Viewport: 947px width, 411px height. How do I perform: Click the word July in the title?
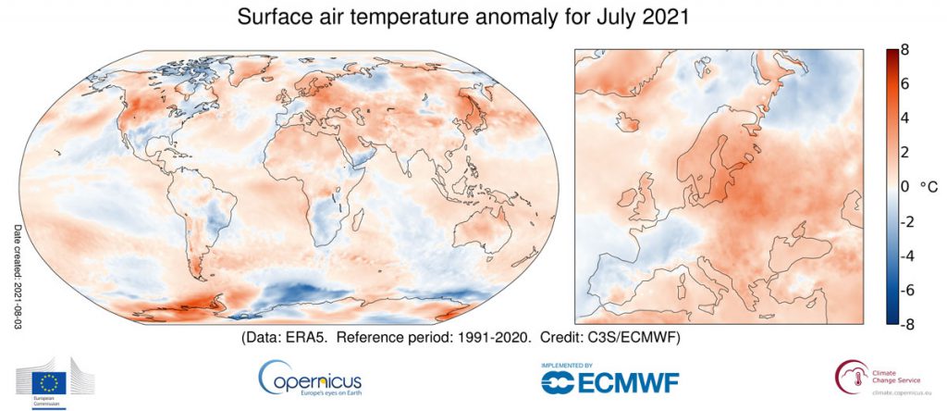pyautogui.click(x=617, y=18)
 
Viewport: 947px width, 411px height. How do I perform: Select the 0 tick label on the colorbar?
pyautogui.click(x=906, y=187)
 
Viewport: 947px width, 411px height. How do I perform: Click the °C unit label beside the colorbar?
pyautogui.click(x=928, y=187)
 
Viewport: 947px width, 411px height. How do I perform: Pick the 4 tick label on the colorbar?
pyautogui.click(x=906, y=118)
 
